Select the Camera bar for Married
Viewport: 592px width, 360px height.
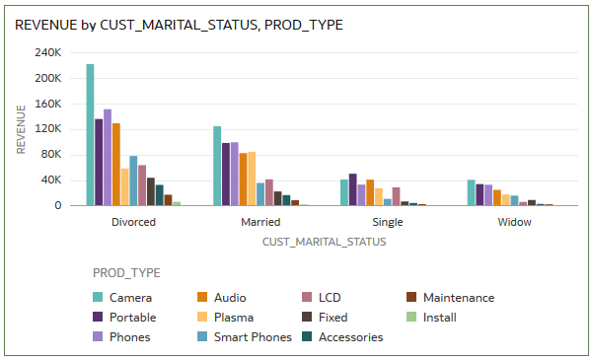(217, 166)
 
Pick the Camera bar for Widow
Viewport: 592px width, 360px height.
(471, 192)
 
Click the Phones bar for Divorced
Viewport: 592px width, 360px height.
(108, 158)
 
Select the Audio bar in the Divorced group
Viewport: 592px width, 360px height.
(116, 165)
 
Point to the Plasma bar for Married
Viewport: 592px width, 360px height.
(252, 179)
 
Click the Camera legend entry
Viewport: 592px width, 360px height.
(129, 297)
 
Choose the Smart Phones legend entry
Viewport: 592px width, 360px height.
(253, 336)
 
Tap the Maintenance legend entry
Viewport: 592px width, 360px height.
(458, 297)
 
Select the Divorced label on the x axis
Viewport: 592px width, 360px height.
(133, 222)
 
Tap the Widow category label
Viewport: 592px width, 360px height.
(514, 222)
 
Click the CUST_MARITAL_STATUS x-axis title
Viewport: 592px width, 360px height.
(324, 241)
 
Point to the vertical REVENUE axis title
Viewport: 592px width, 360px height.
(22, 129)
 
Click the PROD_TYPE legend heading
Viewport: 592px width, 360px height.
(126, 272)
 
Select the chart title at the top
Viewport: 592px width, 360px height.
(179, 25)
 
